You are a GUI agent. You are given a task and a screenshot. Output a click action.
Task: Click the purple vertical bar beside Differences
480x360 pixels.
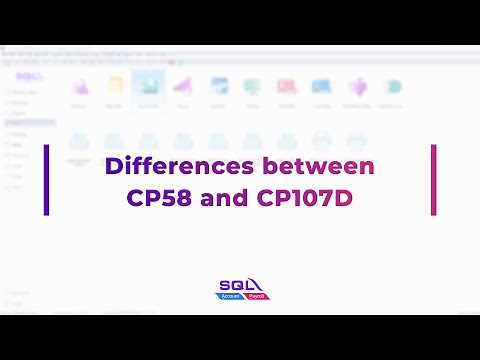click(46, 180)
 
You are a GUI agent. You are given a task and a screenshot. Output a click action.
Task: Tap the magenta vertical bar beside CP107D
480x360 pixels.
click(433, 180)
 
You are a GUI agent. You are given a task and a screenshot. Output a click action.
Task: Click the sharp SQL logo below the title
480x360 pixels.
click(240, 286)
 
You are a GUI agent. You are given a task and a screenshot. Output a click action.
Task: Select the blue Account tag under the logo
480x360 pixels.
click(230, 297)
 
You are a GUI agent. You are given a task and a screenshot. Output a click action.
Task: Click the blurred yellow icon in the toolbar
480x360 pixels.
click(113, 87)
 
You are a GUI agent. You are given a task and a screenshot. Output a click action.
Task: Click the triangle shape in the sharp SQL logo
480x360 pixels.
click(254, 283)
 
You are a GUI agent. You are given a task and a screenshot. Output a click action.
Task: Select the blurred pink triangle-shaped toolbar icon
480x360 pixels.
click(182, 87)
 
